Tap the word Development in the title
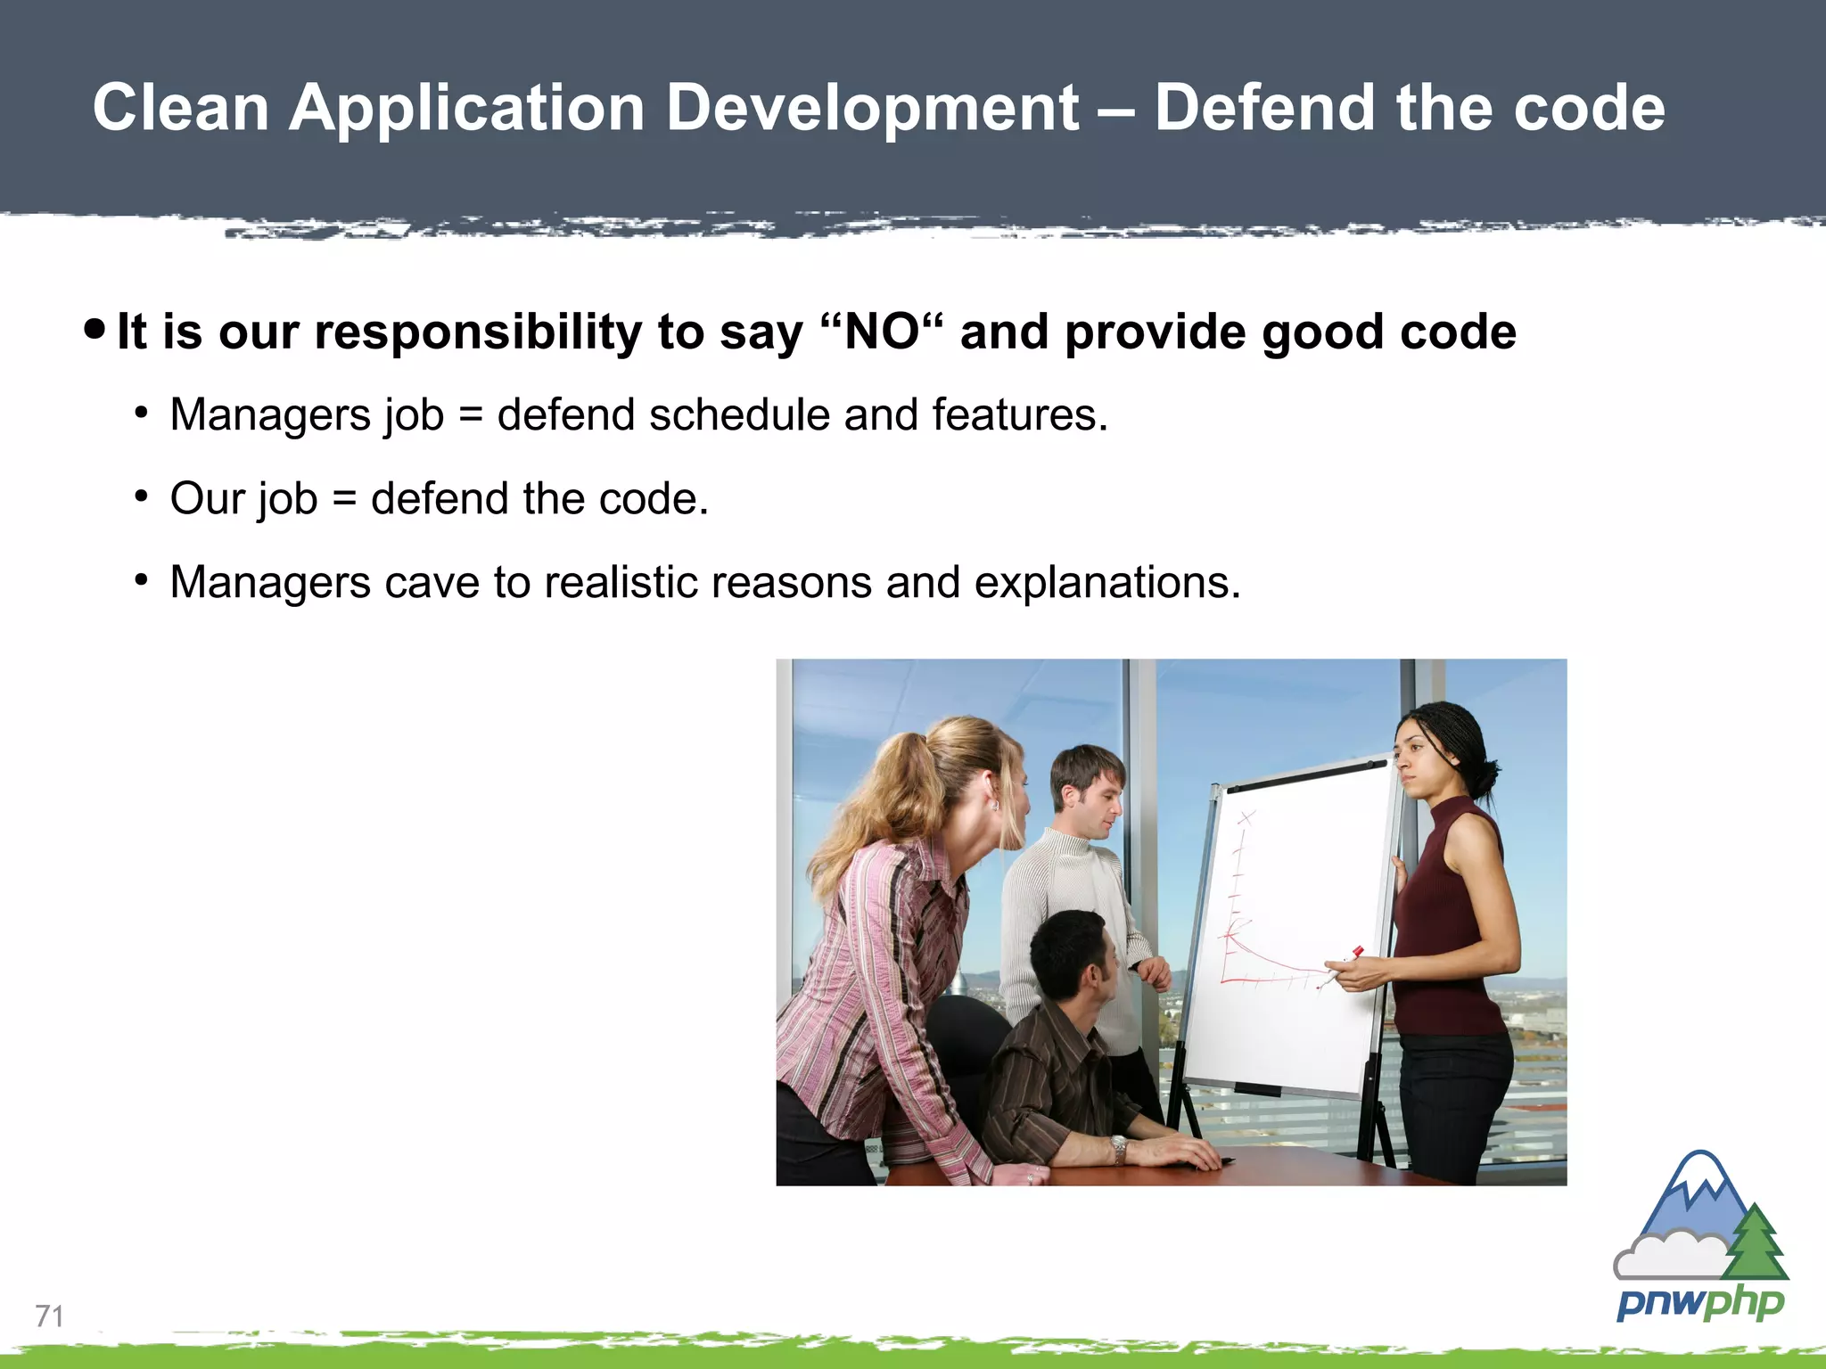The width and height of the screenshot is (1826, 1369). tap(872, 108)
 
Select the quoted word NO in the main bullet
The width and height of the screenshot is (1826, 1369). tap(881, 332)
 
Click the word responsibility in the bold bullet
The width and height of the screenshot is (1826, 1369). tap(478, 332)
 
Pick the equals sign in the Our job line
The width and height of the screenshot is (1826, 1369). tap(344, 499)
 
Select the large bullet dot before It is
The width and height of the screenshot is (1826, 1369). tap(95, 329)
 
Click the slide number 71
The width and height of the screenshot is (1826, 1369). tap(49, 1316)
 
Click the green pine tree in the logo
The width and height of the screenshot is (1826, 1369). tap(1755, 1243)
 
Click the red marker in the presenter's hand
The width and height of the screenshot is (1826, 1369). tap(1346, 963)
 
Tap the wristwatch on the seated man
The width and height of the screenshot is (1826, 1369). tap(1118, 1148)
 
